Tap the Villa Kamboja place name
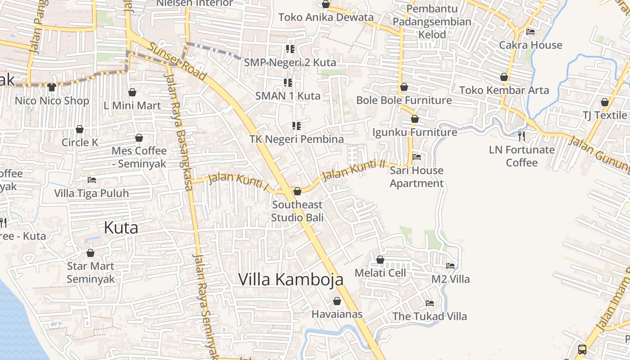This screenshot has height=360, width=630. coord(291,279)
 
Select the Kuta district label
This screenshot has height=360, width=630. coord(121,228)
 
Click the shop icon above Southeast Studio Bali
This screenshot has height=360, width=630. coord(297,192)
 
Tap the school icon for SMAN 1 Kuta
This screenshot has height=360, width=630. coord(288,83)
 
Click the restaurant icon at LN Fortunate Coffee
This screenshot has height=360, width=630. coord(522,136)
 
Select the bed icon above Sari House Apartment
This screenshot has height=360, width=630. coord(417,157)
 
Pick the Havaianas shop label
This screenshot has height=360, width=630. coord(337,314)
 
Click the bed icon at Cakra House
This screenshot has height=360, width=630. coord(531,32)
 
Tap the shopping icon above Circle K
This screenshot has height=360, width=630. coord(80,130)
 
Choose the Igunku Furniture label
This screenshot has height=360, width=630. coord(414,132)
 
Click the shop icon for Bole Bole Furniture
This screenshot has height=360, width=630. coord(404,87)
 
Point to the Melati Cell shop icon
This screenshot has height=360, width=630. coord(380,260)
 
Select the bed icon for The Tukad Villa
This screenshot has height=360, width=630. coord(430,303)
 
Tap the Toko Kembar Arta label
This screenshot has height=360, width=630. coord(504,90)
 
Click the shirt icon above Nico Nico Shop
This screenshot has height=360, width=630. coord(52,87)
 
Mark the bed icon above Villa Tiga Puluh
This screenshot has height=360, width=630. coord(92,180)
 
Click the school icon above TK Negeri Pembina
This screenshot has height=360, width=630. coord(296,126)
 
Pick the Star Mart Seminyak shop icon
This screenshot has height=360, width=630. coord(90,253)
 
